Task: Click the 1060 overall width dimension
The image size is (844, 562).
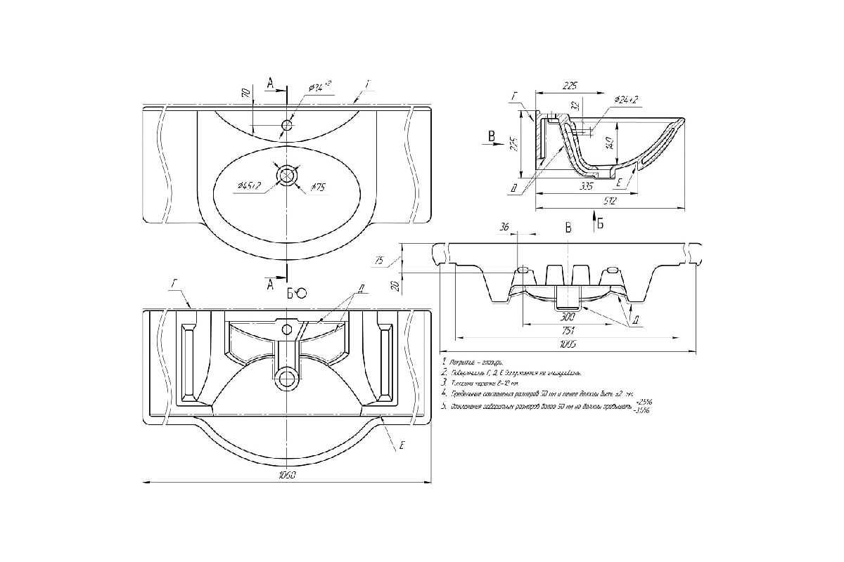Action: tap(287, 476)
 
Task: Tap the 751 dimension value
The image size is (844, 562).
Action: tap(568, 331)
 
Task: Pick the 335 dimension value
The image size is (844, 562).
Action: tap(587, 187)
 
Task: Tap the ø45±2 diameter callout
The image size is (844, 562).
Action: tap(250, 185)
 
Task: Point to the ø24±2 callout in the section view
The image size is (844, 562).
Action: tap(625, 100)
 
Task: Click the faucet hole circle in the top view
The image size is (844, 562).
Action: tap(287, 126)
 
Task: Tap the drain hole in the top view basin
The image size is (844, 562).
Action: tap(287, 175)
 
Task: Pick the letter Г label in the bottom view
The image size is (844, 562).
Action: tap(172, 283)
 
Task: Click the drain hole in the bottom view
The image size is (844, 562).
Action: tap(287, 379)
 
